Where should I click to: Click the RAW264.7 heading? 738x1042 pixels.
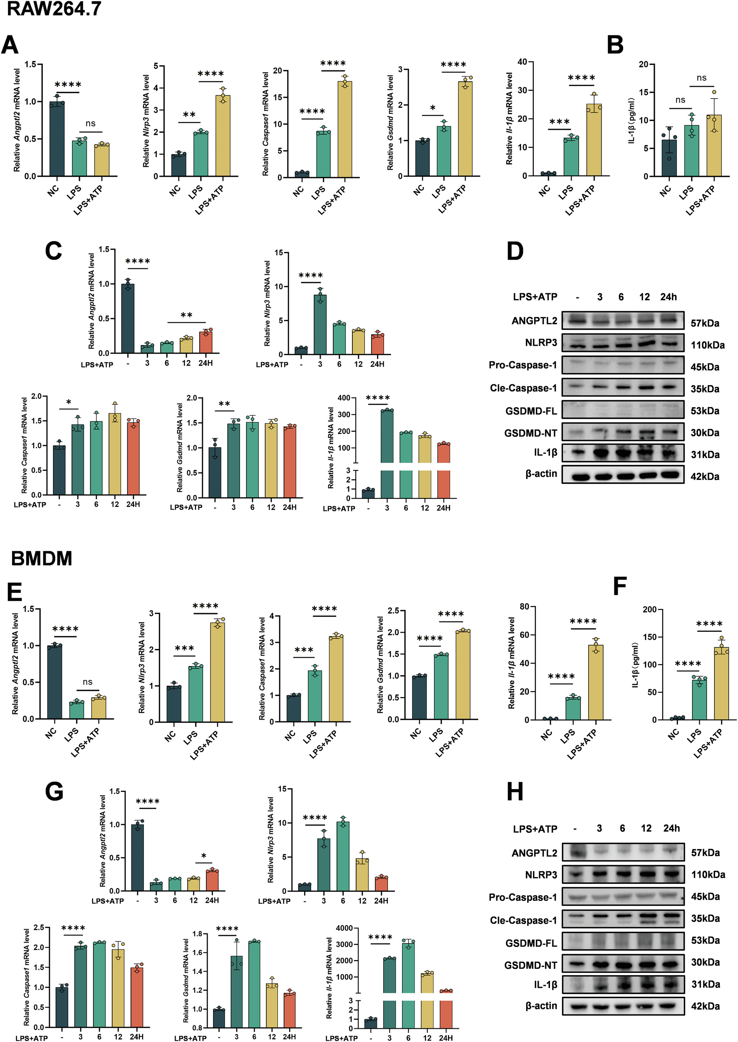click(x=54, y=9)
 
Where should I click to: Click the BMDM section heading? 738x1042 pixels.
click(x=41, y=559)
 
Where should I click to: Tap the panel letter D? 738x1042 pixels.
click(x=515, y=251)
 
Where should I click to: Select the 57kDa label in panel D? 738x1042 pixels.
click(x=705, y=323)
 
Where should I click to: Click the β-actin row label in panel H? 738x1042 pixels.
click(x=541, y=1006)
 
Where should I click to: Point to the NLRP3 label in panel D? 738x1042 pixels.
click(x=541, y=342)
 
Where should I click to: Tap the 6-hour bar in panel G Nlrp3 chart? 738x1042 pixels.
click(x=343, y=856)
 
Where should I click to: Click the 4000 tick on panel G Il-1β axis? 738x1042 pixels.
click(x=344, y=928)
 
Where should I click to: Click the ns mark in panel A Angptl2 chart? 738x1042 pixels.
click(x=90, y=124)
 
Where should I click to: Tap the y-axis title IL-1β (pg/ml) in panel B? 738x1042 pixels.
click(x=632, y=121)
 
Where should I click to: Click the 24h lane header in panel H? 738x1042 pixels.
click(x=671, y=829)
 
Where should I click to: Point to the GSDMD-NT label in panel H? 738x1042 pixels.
click(x=530, y=965)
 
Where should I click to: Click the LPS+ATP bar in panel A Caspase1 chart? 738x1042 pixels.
click(x=344, y=129)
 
